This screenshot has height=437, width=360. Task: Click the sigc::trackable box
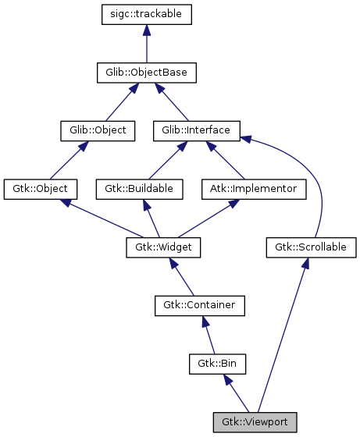pyautogui.click(x=147, y=15)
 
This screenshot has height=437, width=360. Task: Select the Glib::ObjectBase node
pyautogui.click(x=147, y=73)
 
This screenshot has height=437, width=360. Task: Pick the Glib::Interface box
pyautogui.click(x=196, y=130)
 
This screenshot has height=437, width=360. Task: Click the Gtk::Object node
pyautogui.click(x=41, y=189)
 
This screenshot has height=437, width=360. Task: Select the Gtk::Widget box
pyautogui.click(x=163, y=247)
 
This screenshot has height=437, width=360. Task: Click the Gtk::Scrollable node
pyautogui.click(x=311, y=247)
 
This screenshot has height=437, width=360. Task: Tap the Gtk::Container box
pyautogui.click(x=199, y=305)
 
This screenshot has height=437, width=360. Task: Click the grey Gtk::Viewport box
pyautogui.click(x=255, y=422)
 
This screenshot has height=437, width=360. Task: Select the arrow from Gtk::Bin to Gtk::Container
pyautogui.click(x=209, y=335)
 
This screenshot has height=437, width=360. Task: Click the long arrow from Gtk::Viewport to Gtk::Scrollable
pyautogui.click(x=283, y=336)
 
